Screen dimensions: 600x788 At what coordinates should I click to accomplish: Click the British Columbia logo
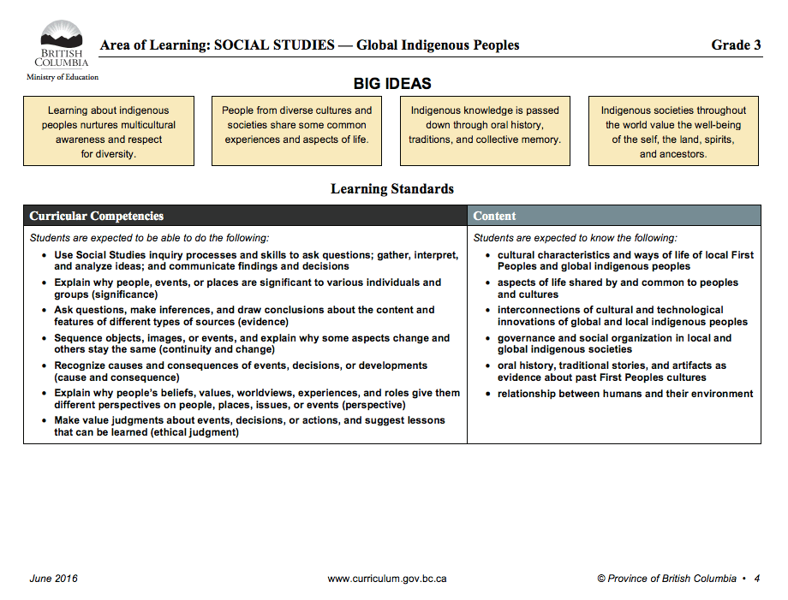pyautogui.click(x=62, y=45)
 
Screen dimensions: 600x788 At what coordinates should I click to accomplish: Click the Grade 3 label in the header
pyautogui.click(x=736, y=45)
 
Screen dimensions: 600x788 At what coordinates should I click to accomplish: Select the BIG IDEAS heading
pyautogui.click(x=392, y=84)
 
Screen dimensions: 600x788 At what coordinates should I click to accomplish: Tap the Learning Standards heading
pyautogui.click(x=392, y=189)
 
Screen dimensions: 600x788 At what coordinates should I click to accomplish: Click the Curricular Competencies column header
pyautogui.click(x=97, y=216)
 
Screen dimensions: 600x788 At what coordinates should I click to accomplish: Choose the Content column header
pyautogui.click(x=495, y=216)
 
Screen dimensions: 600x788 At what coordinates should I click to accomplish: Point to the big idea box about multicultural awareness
pyautogui.click(x=109, y=132)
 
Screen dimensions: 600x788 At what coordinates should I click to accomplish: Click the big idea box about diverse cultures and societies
pyautogui.click(x=297, y=132)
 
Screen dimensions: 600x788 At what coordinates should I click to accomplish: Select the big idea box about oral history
pyautogui.click(x=485, y=132)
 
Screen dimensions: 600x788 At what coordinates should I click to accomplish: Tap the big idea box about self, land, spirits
pyautogui.click(x=673, y=132)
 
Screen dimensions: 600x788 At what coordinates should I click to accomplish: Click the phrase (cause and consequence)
pyautogui.click(x=116, y=377)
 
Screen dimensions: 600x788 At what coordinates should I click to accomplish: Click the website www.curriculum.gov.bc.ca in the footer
pyautogui.click(x=387, y=579)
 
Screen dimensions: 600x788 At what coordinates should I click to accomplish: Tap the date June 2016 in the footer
pyautogui.click(x=53, y=579)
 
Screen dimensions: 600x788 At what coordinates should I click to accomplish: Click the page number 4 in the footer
pyautogui.click(x=756, y=579)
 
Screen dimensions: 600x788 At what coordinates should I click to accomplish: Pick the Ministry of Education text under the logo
pyautogui.click(x=63, y=77)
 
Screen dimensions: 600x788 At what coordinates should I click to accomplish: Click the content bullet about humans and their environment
pyautogui.click(x=625, y=394)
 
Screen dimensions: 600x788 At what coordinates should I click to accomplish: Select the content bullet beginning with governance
pyautogui.click(x=615, y=343)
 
